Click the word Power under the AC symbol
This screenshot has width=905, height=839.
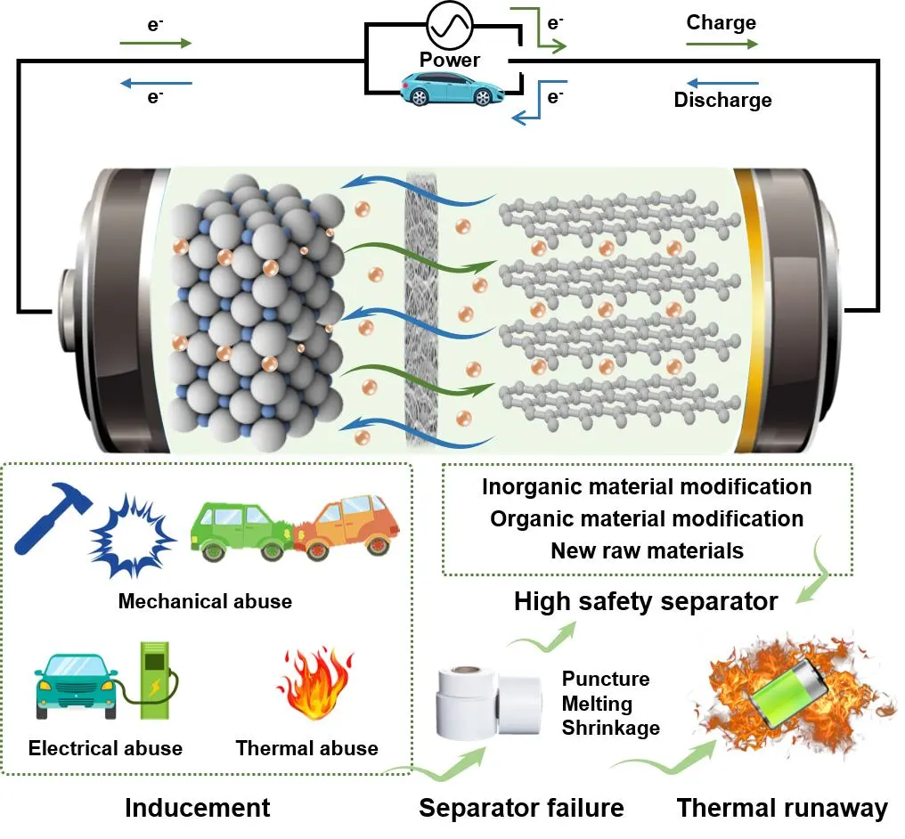[450, 61]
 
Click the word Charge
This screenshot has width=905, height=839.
[722, 22]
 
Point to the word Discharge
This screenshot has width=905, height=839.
[722, 100]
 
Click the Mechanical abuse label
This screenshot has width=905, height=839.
[205, 601]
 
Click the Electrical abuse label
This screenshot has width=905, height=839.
[105, 748]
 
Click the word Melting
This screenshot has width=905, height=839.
[597, 704]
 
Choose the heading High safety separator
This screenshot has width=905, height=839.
[646, 602]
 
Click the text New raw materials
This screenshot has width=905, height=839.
[647, 550]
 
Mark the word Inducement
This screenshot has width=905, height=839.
[197, 808]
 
